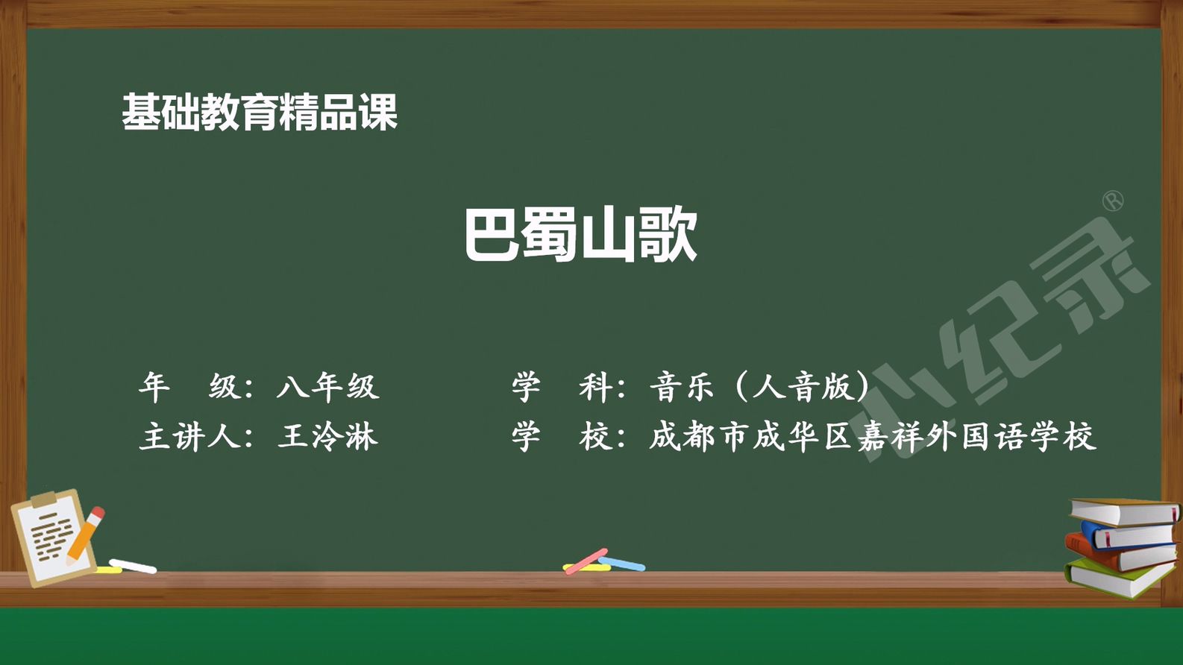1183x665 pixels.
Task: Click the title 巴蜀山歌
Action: tap(581, 234)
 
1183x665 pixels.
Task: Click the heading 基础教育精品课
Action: tap(260, 112)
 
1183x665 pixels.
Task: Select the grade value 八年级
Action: tap(328, 387)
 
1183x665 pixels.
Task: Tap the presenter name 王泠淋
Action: tap(328, 437)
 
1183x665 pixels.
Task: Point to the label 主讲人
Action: tap(190, 437)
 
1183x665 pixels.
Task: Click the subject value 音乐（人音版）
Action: tap(759, 387)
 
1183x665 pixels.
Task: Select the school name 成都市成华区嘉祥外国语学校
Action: tap(873, 437)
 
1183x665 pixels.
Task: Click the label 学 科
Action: tap(562, 387)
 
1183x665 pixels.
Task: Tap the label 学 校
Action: tap(562, 437)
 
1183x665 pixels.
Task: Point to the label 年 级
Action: tap(189, 387)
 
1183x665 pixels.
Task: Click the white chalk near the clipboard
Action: tap(133, 567)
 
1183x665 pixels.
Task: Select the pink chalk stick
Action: tap(586, 561)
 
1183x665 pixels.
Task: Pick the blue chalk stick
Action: tap(621, 564)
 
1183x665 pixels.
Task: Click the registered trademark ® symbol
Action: tap(1114, 201)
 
